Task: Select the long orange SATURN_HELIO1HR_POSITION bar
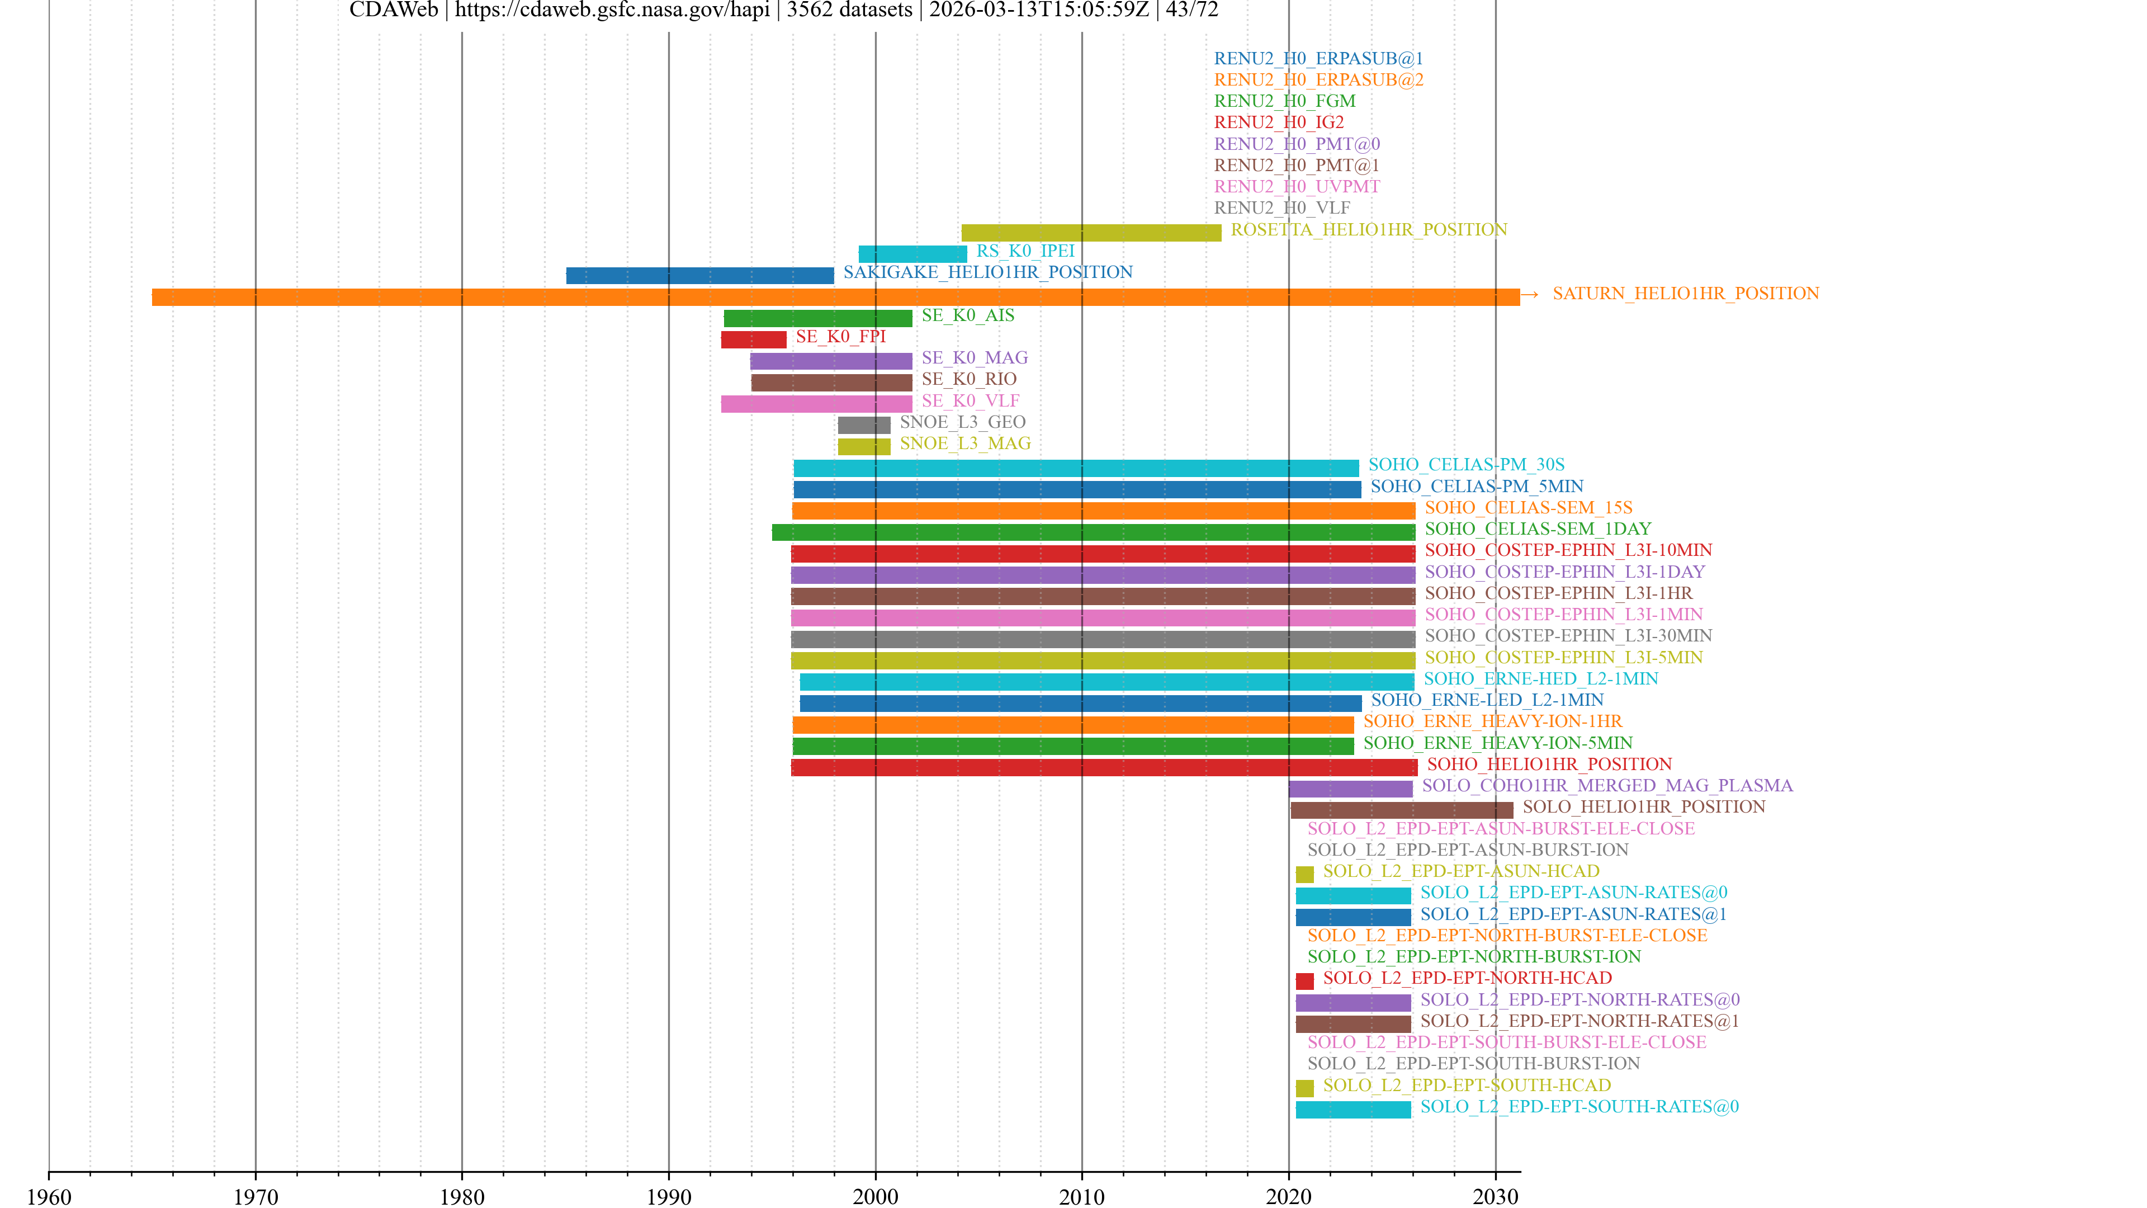point(834,297)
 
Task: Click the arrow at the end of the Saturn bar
point(1529,294)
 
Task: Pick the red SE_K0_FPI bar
point(754,339)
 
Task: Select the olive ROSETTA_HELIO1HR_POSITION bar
point(1091,233)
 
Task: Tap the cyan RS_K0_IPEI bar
point(912,253)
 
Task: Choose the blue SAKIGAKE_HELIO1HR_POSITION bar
point(699,275)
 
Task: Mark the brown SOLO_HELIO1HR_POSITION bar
point(1401,809)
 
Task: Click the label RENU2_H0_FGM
point(1284,101)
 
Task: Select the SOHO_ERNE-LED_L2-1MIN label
point(1487,700)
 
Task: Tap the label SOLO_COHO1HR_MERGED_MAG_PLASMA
point(1607,785)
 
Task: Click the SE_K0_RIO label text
point(968,379)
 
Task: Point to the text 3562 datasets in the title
point(849,10)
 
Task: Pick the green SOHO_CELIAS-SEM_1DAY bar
point(1093,532)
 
